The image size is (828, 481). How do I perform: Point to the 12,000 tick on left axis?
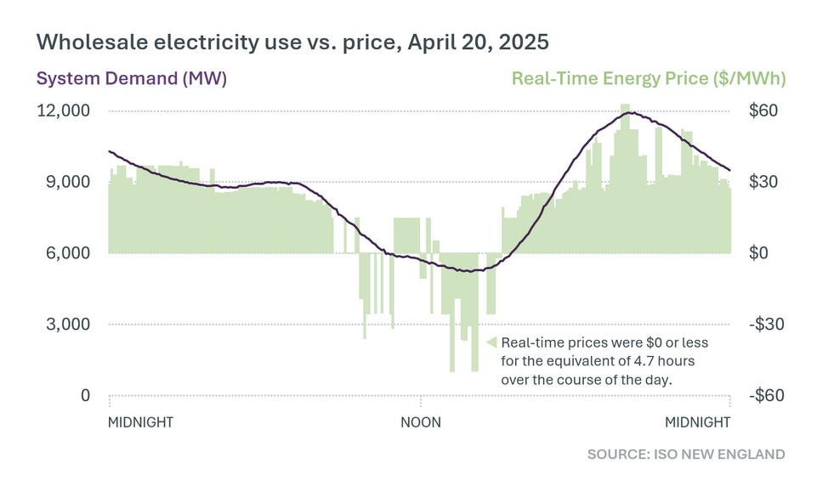[x=62, y=111]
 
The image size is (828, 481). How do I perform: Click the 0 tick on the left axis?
[x=86, y=396]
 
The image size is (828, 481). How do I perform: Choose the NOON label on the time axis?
[x=421, y=422]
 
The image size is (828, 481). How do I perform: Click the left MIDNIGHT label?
[x=141, y=422]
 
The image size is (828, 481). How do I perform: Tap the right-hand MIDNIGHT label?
[x=697, y=422]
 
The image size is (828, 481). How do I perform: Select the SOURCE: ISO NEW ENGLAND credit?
[x=686, y=455]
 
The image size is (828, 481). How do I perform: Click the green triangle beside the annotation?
[x=491, y=342]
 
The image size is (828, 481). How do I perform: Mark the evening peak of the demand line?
[x=630, y=112]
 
